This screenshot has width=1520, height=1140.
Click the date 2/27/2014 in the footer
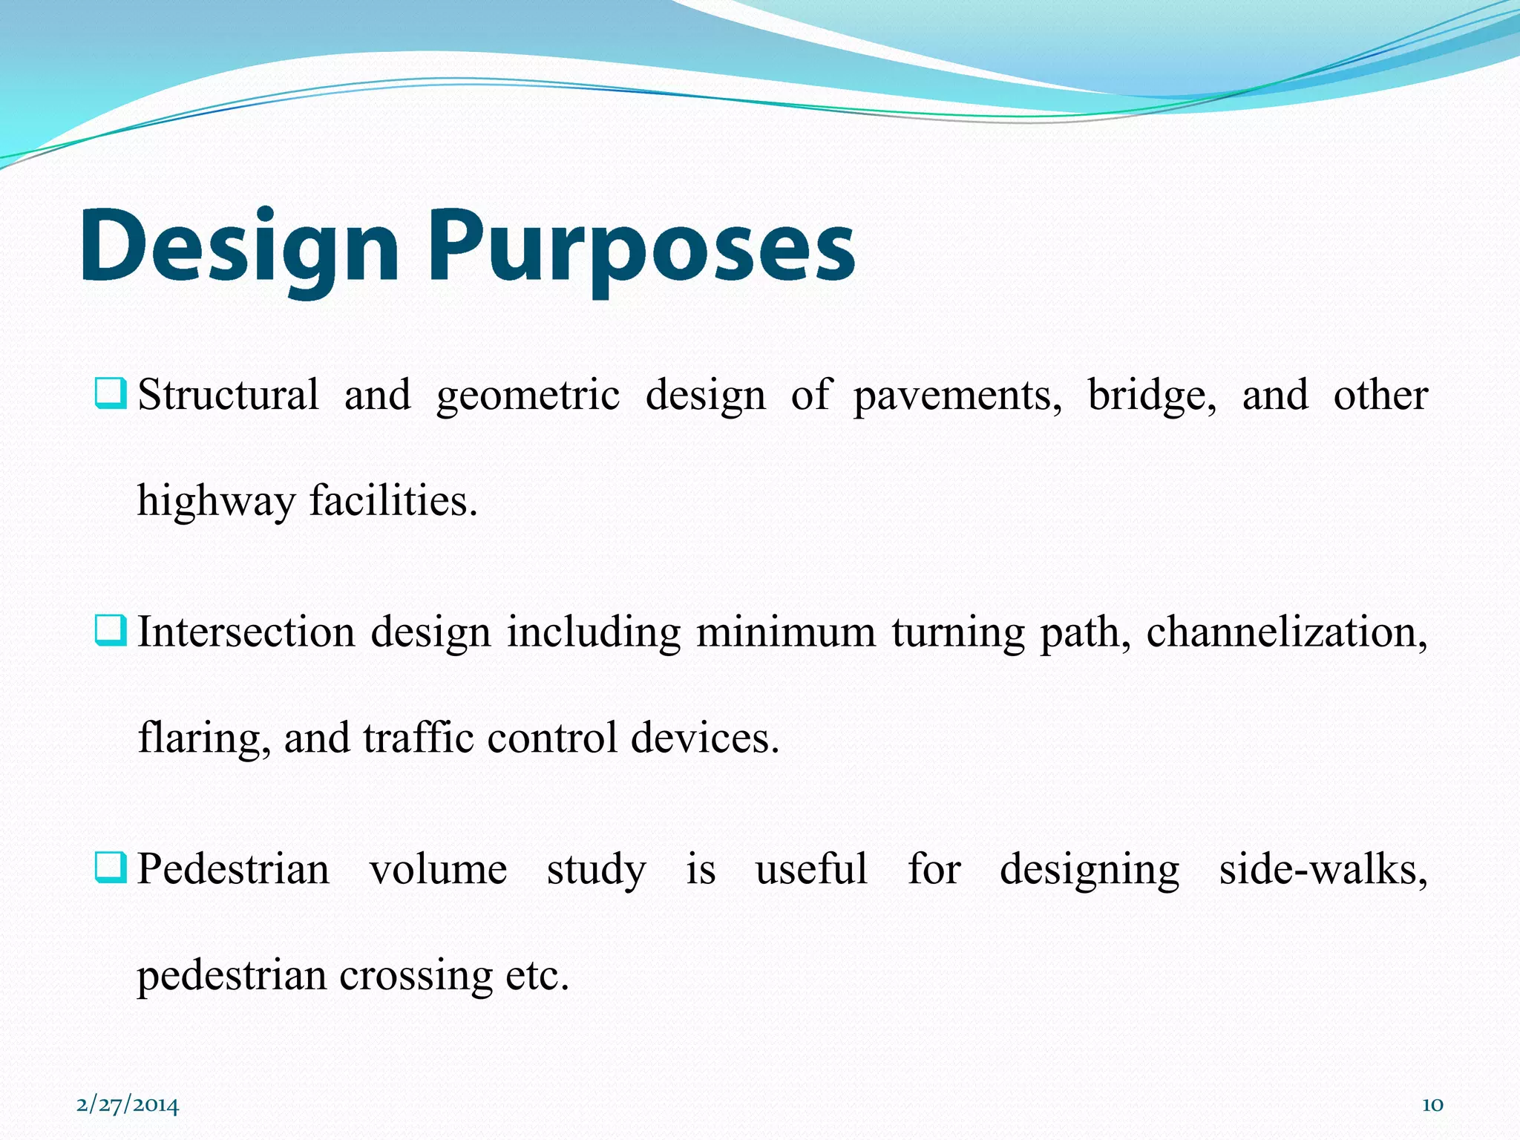(128, 1105)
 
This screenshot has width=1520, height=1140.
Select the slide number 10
(1432, 1105)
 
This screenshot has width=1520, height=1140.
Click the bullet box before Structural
(111, 393)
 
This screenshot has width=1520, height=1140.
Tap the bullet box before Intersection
(111, 631)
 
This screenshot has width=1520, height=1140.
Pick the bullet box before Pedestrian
(111, 868)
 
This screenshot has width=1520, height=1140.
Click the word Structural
(229, 395)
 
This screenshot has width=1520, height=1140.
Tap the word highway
(216, 502)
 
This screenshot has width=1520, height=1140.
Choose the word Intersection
(246, 632)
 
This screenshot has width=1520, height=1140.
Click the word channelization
(1286, 632)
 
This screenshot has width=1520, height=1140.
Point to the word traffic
(418, 738)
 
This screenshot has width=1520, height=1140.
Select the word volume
(438, 870)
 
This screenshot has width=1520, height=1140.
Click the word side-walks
(1323, 870)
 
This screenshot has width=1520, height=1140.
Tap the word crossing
(416, 976)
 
